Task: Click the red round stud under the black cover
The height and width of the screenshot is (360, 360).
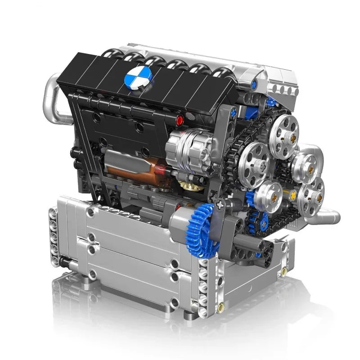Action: click(181, 120)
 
